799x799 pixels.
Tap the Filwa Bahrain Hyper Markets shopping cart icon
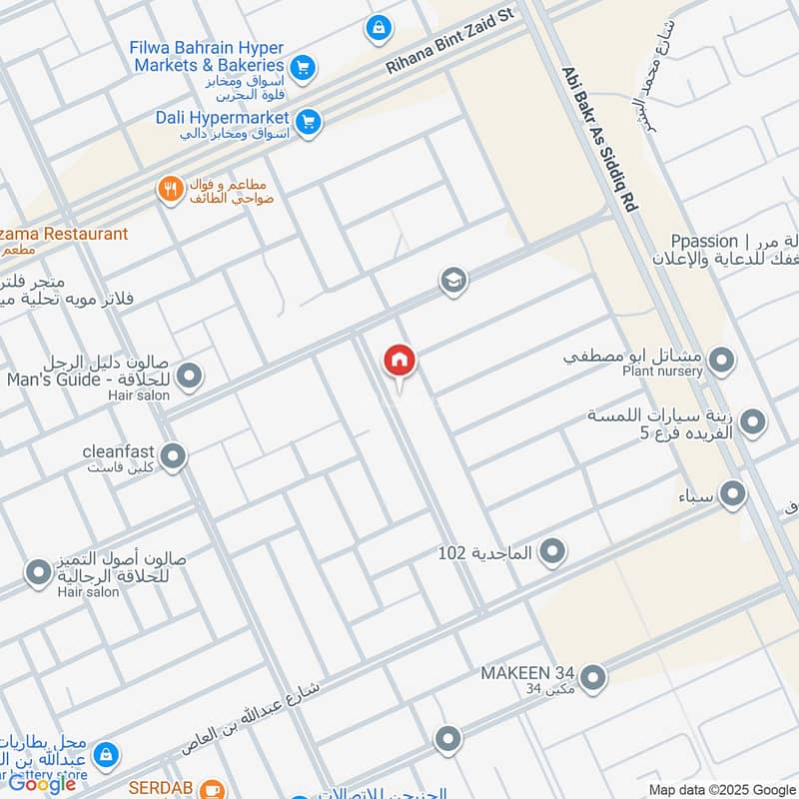click(305, 68)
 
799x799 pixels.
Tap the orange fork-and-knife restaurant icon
click(171, 187)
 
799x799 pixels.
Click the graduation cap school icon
click(453, 282)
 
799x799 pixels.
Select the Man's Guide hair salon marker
click(190, 377)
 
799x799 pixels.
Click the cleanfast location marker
click(173, 457)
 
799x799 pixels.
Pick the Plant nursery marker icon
click(721, 361)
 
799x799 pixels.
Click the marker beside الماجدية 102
click(551, 550)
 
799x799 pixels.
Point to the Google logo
click(43, 783)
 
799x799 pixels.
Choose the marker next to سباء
click(733, 493)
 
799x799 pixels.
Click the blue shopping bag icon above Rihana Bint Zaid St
click(379, 28)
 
